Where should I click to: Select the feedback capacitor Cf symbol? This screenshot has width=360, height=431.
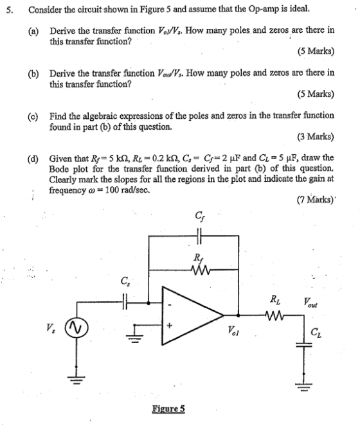coord(199,236)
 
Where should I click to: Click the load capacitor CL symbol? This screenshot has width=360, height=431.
coord(303,344)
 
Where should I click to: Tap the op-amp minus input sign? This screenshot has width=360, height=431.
coord(170,305)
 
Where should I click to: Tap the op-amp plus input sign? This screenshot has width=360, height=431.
coord(170,326)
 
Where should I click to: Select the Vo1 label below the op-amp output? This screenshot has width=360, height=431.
coord(233,331)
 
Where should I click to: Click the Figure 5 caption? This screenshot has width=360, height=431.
coord(168,409)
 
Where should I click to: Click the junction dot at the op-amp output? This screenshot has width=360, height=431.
coord(238,315)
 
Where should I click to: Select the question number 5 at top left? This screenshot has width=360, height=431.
coord(10,10)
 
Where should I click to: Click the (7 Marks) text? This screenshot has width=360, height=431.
coord(316,200)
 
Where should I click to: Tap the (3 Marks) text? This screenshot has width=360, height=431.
coord(316,137)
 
